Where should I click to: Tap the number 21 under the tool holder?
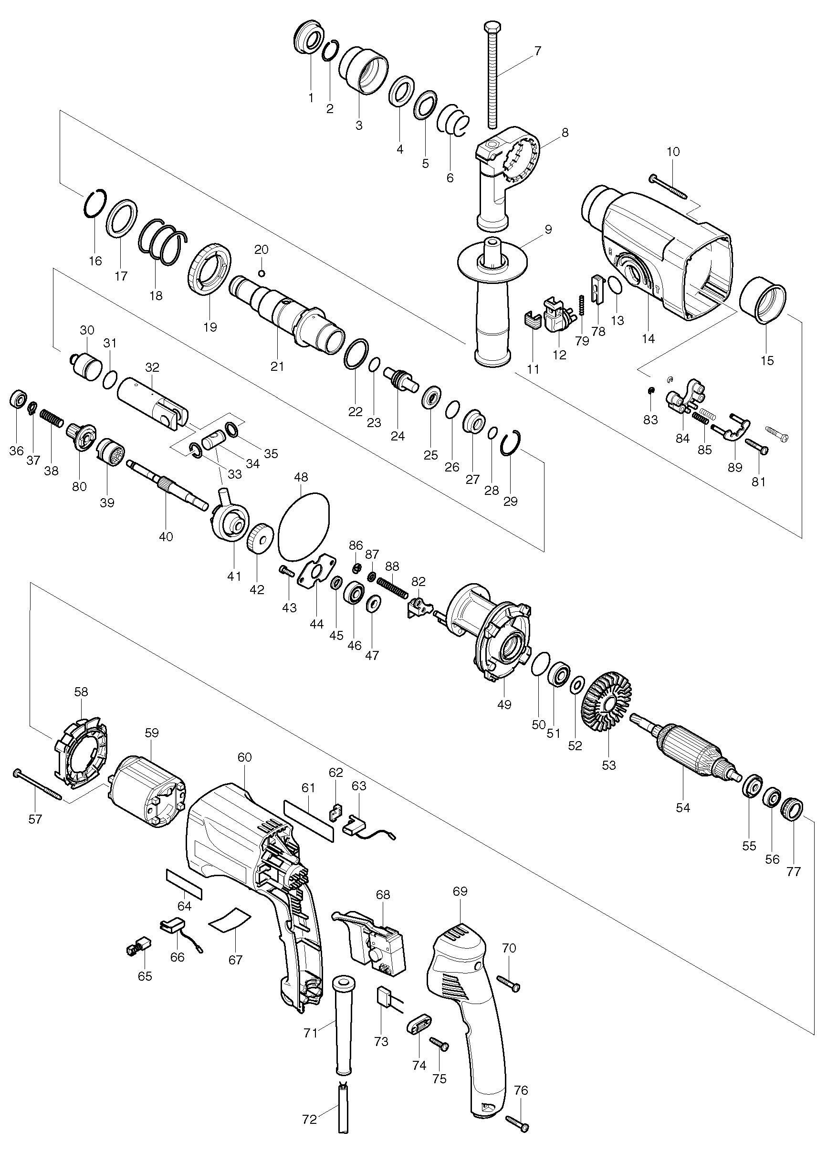(x=277, y=366)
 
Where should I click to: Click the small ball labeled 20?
(x=262, y=274)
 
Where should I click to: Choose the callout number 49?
(x=504, y=704)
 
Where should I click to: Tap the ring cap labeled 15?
(x=762, y=304)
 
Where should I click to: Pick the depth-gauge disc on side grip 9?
(x=492, y=263)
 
